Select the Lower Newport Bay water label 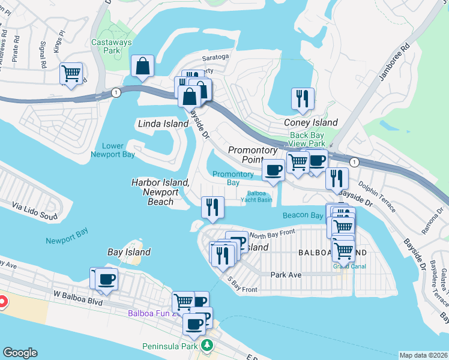(x=113, y=150)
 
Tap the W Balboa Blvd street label (x=74, y=294)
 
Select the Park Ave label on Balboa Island (x=285, y=274)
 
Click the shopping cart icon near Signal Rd (x=71, y=74)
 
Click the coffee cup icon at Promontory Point (x=273, y=170)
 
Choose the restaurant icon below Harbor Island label (x=212, y=208)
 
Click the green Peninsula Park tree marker (x=206, y=346)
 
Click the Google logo (x=19, y=353)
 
